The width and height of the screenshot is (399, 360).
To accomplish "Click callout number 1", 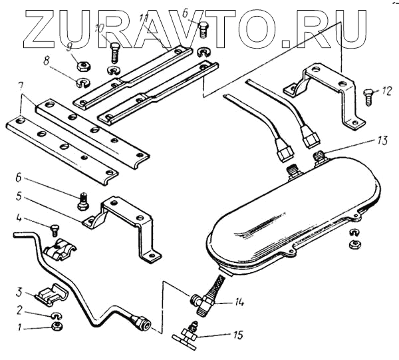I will point(19,327).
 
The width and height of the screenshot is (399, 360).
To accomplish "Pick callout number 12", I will point(388,89).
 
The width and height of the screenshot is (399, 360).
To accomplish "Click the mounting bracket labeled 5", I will point(126,220).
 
